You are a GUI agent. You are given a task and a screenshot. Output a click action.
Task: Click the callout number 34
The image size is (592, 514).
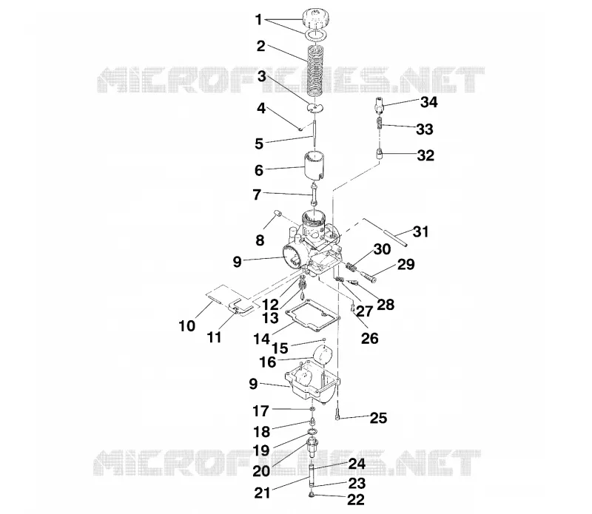(x=429, y=102)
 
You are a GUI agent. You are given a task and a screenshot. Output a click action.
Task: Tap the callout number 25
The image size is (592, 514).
(x=378, y=418)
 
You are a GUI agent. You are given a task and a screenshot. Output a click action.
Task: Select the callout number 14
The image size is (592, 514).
(x=262, y=339)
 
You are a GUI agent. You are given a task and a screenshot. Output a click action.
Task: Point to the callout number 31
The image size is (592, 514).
(x=420, y=231)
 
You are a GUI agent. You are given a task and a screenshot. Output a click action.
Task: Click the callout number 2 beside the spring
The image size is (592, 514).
(x=261, y=47)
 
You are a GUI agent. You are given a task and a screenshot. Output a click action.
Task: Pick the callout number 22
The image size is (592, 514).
(x=356, y=500)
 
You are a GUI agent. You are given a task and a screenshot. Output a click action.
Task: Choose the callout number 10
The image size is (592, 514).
(x=187, y=325)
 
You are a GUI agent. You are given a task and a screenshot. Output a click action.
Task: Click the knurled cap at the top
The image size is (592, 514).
(x=316, y=18)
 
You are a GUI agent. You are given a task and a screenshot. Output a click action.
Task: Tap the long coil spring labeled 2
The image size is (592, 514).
(x=315, y=75)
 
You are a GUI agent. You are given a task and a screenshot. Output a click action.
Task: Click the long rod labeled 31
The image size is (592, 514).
(x=385, y=232)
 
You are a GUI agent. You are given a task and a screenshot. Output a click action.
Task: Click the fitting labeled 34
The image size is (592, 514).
(x=380, y=104)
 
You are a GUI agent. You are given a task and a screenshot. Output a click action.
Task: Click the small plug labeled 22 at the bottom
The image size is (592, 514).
(x=312, y=495)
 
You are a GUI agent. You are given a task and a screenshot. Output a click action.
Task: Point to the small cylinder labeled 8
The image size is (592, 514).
(x=277, y=214)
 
